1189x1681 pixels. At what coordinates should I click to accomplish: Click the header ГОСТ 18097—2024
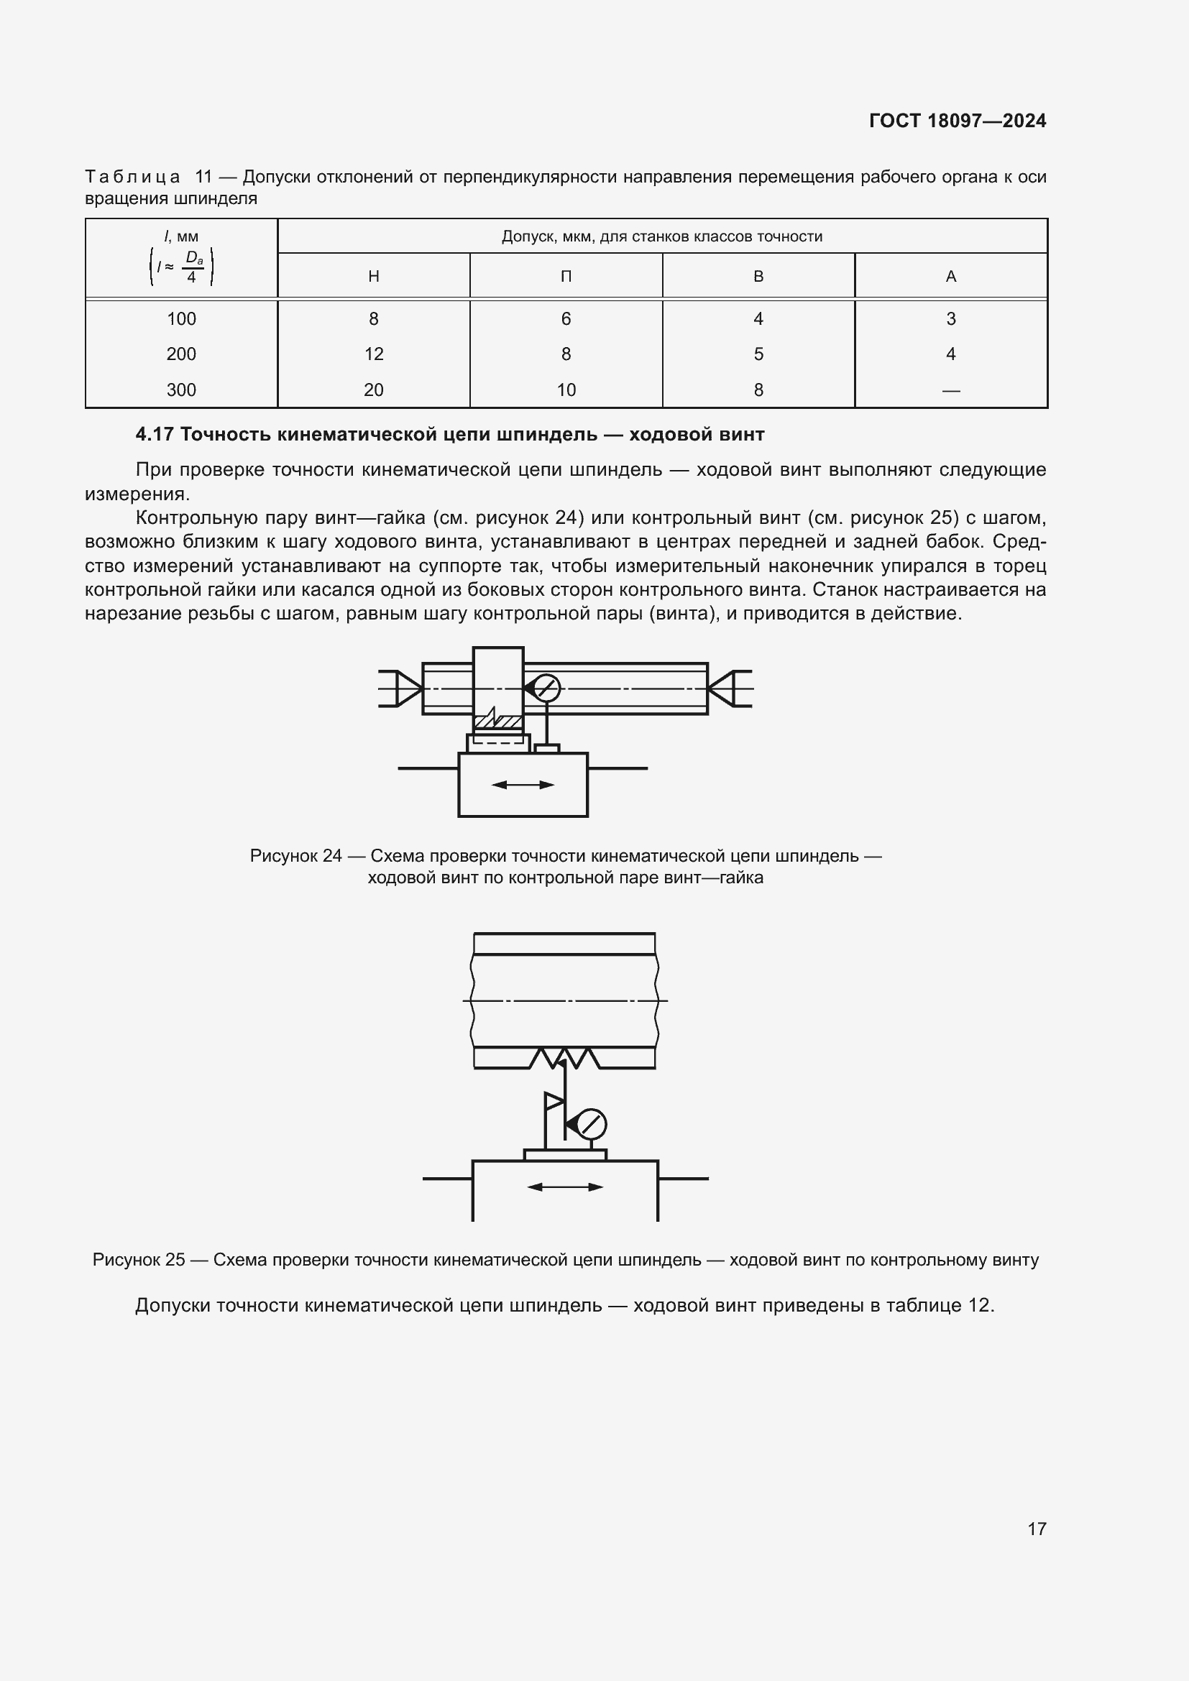point(957,121)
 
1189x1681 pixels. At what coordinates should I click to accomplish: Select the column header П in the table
point(565,277)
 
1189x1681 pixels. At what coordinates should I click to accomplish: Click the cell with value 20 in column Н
point(373,390)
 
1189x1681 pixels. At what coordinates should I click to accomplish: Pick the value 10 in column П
point(565,390)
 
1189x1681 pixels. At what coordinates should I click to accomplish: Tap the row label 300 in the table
point(181,390)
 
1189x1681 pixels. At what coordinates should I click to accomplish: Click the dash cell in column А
point(950,390)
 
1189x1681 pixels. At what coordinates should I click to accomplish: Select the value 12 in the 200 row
point(373,354)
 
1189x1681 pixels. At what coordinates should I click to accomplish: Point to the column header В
point(758,277)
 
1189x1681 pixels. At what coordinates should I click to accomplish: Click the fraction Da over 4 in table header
point(193,267)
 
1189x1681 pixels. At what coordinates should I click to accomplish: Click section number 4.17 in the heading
point(154,435)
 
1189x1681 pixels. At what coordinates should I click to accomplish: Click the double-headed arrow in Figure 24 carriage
point(523,785)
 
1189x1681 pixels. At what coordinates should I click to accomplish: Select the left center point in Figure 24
point(408,688)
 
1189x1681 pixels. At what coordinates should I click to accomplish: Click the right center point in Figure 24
point(722,688)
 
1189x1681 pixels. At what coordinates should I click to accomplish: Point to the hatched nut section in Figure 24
point(497,722)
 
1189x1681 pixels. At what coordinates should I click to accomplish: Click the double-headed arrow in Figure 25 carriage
point(564,1187)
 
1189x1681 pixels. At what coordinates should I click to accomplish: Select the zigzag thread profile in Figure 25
point(564,1059)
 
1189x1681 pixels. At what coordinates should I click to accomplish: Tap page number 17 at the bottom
point(1036,1528)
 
